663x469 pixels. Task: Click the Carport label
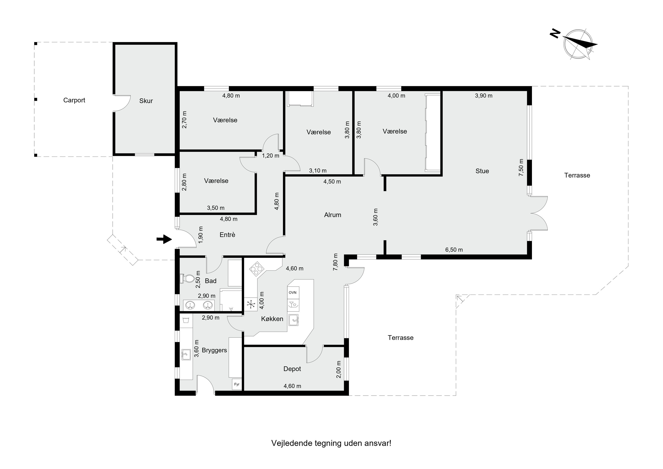coord(74,100)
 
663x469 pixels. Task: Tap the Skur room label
coord(146,101)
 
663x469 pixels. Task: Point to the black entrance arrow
coord(164,239)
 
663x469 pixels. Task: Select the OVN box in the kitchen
coord(293,293)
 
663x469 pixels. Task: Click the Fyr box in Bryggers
coord(237,384)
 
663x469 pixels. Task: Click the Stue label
coord(482,171)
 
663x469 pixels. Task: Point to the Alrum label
coord(333,215)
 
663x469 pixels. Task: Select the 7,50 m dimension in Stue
coord(521,168)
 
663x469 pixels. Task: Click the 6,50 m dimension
coord(454,250)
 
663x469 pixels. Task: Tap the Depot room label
coord(292,369)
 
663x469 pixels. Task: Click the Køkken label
coord(272,319)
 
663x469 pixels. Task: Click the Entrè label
coord(228,235)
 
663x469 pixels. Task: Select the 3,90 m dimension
coord(484,96)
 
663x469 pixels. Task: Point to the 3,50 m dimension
coord(216,208)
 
